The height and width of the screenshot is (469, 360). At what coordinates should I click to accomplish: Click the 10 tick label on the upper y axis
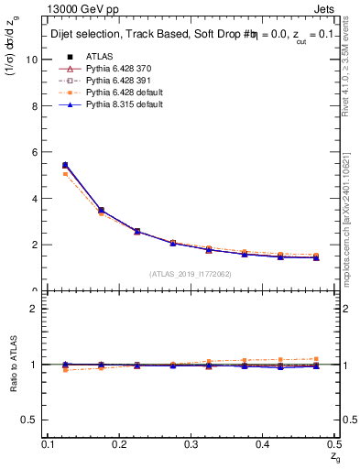point(32,60)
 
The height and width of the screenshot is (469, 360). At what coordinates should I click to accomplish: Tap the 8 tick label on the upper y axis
point(35,106)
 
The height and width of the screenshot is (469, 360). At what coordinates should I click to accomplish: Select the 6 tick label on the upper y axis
point(35,152)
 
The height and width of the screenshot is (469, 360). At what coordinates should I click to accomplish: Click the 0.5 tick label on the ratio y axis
point(30,420)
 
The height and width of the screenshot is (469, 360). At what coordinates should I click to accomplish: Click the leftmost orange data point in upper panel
point(65,173)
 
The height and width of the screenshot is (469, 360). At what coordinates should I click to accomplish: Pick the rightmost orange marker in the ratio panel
point(316,359)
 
